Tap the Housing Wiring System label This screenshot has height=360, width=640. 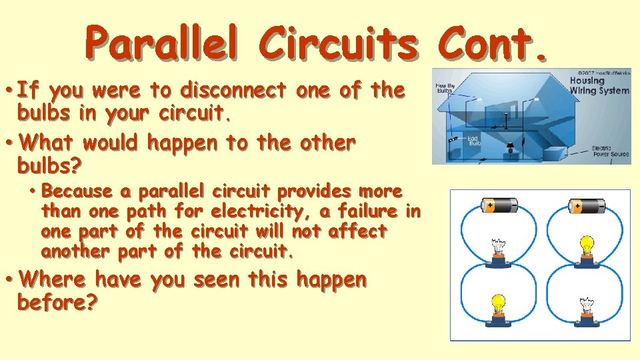598,85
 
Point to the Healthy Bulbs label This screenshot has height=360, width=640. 445,89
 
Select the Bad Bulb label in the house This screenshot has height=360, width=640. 474,140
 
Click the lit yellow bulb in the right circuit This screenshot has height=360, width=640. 587,247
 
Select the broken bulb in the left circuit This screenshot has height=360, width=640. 498,249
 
